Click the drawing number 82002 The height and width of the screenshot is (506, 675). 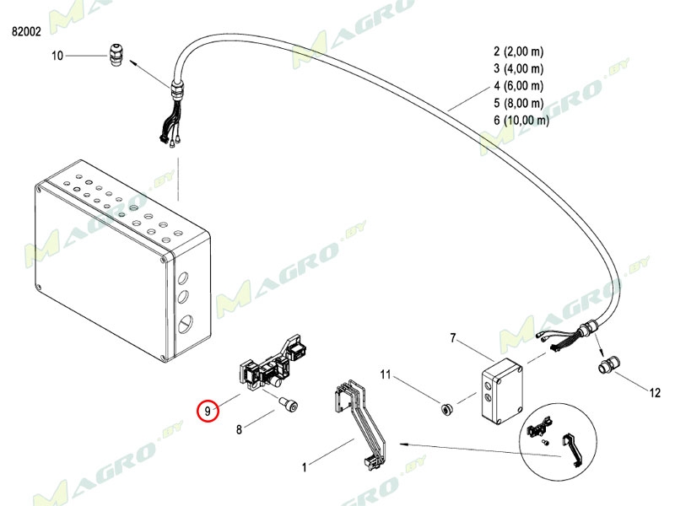(x=26, y=31)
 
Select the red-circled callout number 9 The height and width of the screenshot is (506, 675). (x=208, y=411)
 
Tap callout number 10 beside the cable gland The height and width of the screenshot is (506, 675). (x=57, y=56)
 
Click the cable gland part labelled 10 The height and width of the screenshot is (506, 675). (x=116, y=54)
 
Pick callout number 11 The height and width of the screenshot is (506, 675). (x=386, y=374)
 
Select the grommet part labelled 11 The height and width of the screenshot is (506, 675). (x=446, y=408)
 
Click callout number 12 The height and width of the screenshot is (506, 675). (x=655, y=393)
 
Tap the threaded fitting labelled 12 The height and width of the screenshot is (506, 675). (x=607, y=365)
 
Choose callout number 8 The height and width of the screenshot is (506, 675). (x=240, y=429)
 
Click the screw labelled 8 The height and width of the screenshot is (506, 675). (x=289, y=406)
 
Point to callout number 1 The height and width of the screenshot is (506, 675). (x=305, y=467)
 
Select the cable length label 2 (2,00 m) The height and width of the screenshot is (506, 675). (x=519, y=51)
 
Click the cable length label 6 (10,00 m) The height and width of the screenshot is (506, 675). (x=521, y=120)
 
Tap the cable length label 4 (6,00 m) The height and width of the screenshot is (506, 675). (x=519, y=86)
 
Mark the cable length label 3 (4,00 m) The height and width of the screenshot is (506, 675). (x=519, y=69)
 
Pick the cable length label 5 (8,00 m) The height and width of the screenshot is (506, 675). (x=519, y=103)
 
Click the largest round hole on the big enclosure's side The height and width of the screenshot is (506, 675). (x=186, y=323)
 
